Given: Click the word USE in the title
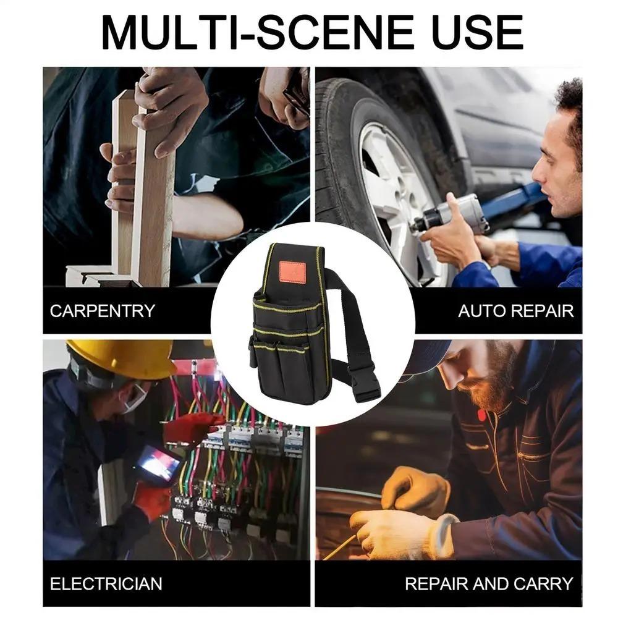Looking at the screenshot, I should [473, 32].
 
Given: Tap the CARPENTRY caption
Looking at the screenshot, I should [103, 310].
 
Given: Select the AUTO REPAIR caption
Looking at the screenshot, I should [515, 310].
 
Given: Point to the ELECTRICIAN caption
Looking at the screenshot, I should [106, 583].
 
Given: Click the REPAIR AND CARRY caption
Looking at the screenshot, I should [489, 583].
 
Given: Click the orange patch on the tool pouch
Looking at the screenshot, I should [292, 272].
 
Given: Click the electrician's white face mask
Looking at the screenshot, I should [135, 399].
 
